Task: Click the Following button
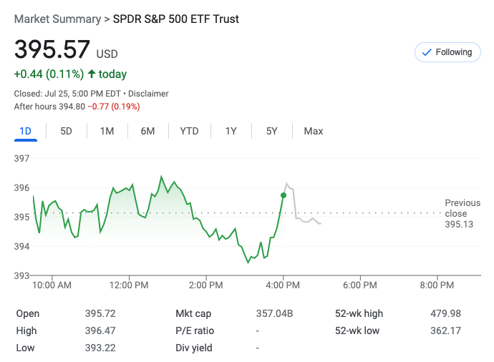point(447,52)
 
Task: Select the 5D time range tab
point(67,131)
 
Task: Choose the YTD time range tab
point(189,131)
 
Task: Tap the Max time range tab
point(314,131)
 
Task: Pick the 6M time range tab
point(147,131)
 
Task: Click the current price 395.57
point(52,49)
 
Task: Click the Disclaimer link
point(149,94)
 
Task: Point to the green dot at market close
point(284,195)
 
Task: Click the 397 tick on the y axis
point(21,158)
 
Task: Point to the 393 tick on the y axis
point(21,275)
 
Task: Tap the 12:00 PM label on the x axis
point(130,285)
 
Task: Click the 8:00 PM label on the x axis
point(437,285)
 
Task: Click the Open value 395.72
point(100,313)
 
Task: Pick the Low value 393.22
point(100,348)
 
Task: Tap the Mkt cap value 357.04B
point(275,313)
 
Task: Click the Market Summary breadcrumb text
point(57,19)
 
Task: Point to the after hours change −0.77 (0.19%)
point(113,107)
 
